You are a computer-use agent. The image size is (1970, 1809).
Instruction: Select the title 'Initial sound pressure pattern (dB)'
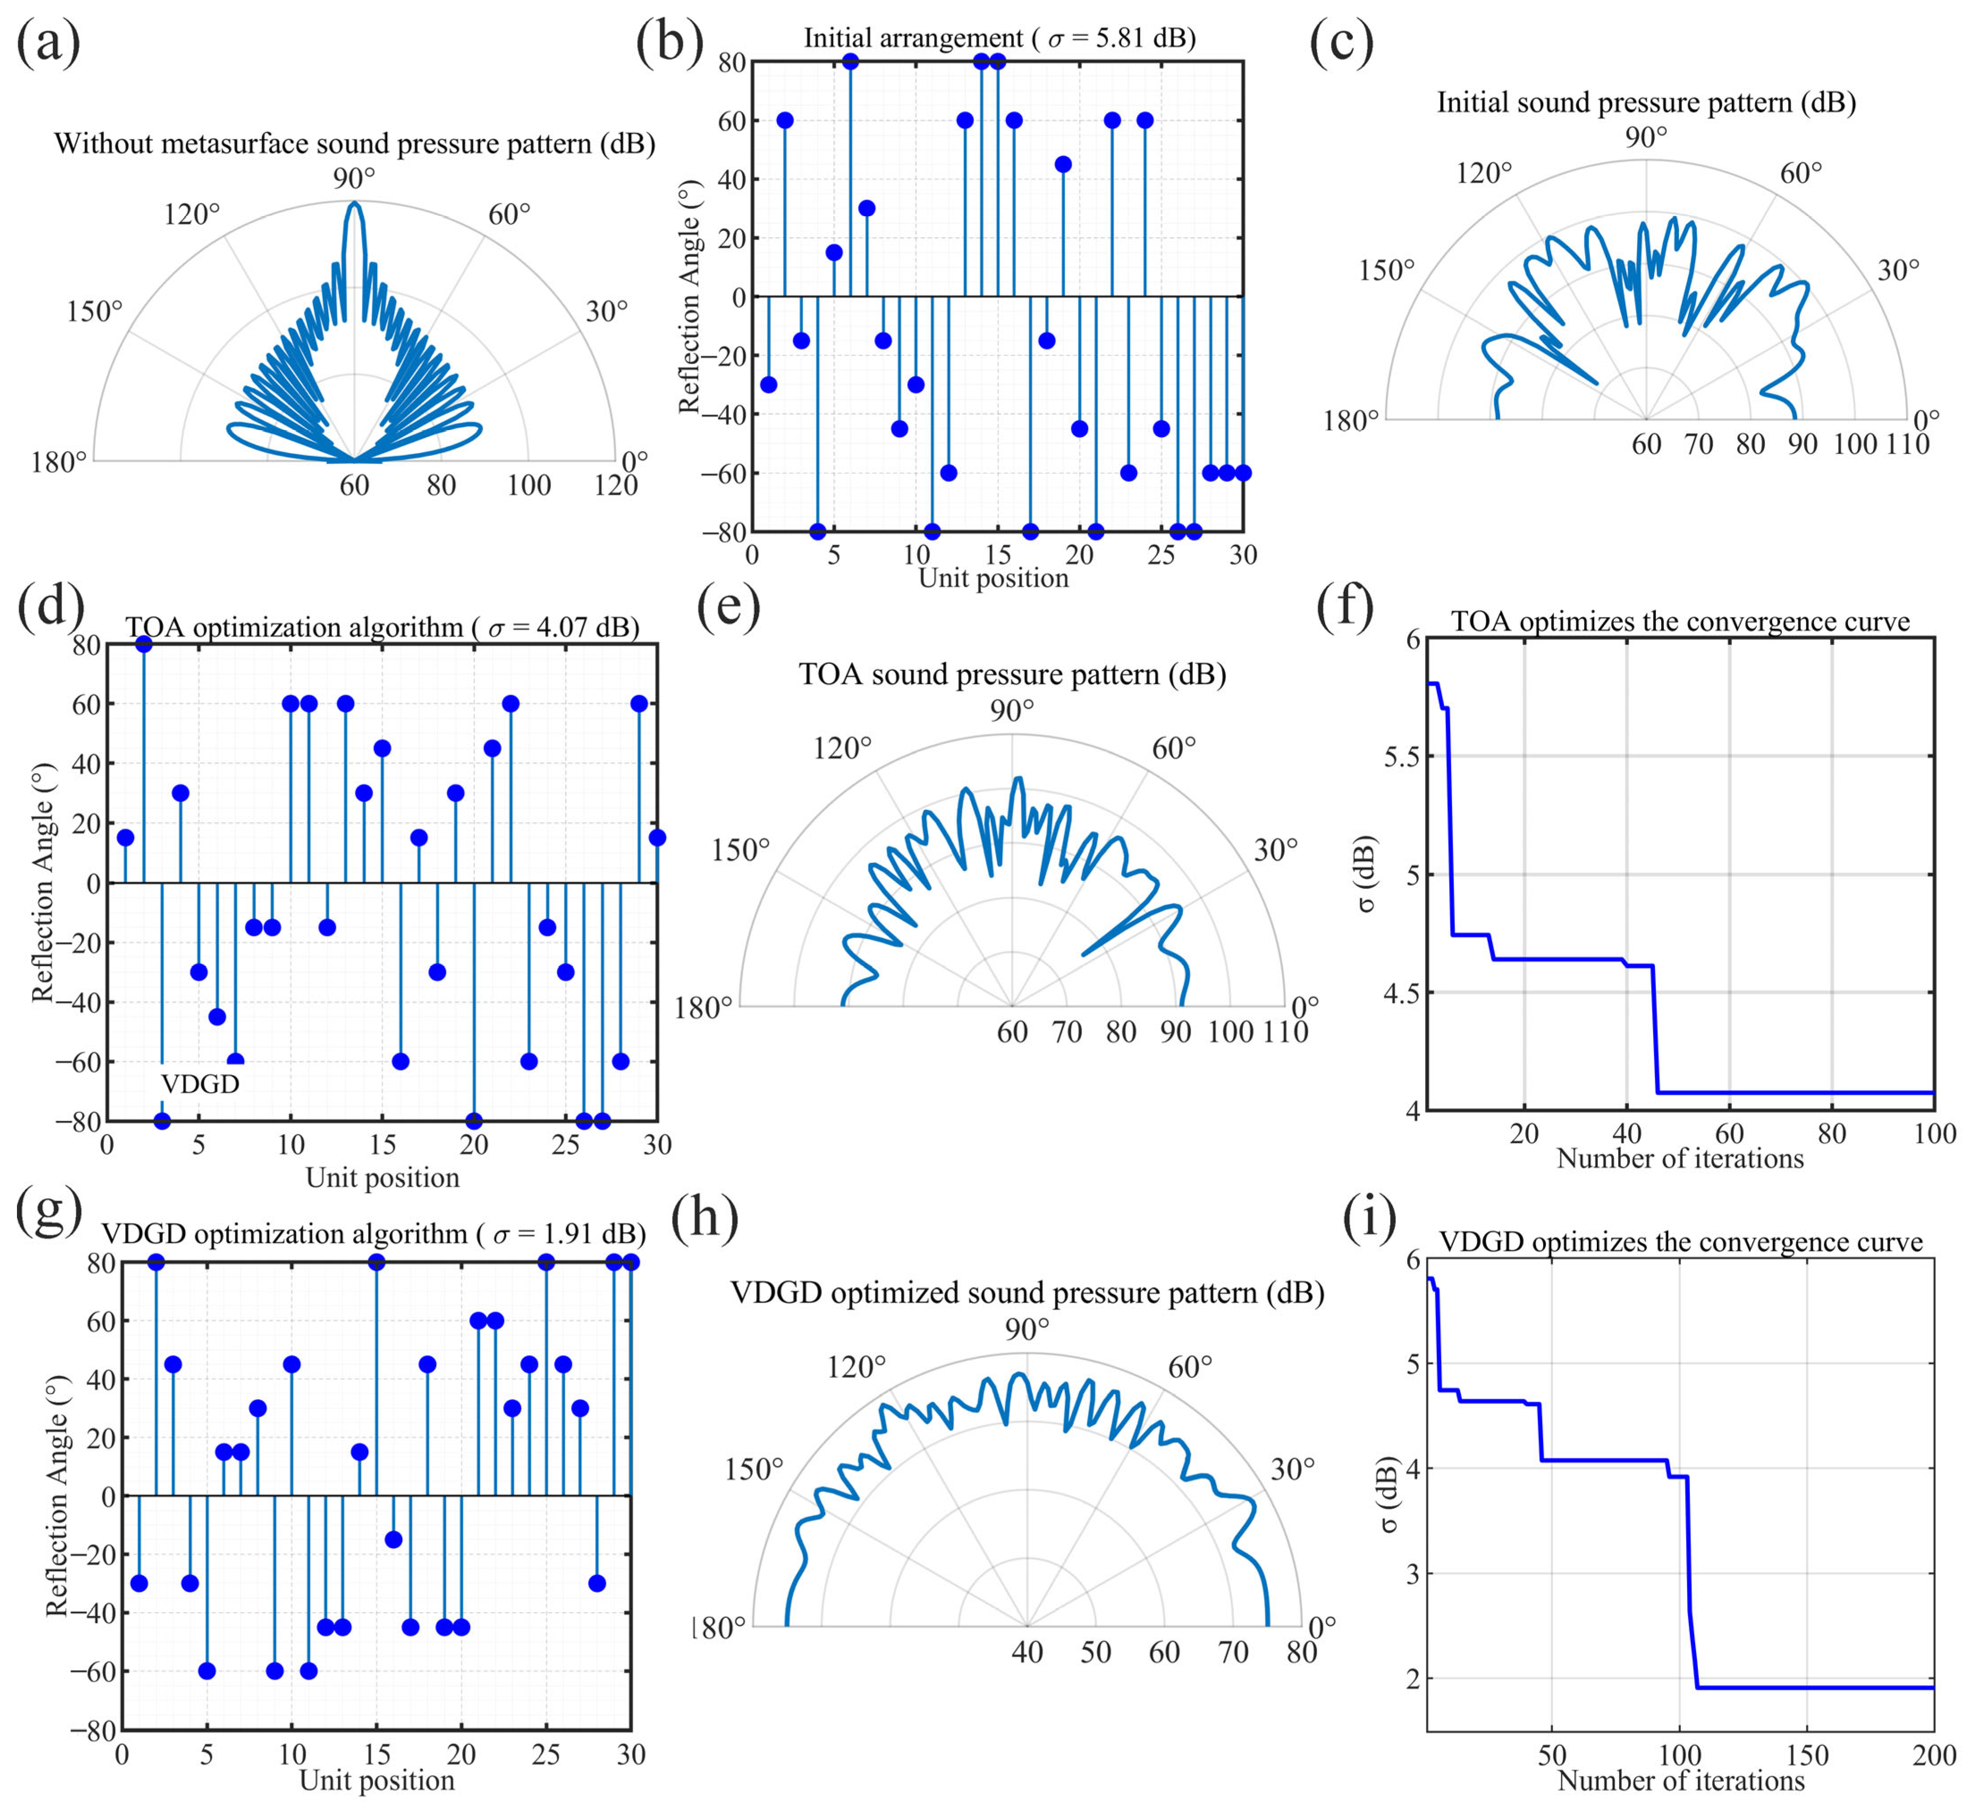(1646, 103)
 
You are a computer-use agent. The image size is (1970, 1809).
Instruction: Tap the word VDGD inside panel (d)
(200, 1084)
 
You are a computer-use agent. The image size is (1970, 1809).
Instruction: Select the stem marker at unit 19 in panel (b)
(1063, 164)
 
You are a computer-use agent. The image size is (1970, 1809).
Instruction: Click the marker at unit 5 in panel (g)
(206, 1671)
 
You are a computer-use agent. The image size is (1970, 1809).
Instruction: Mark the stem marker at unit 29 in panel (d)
(640, 704)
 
